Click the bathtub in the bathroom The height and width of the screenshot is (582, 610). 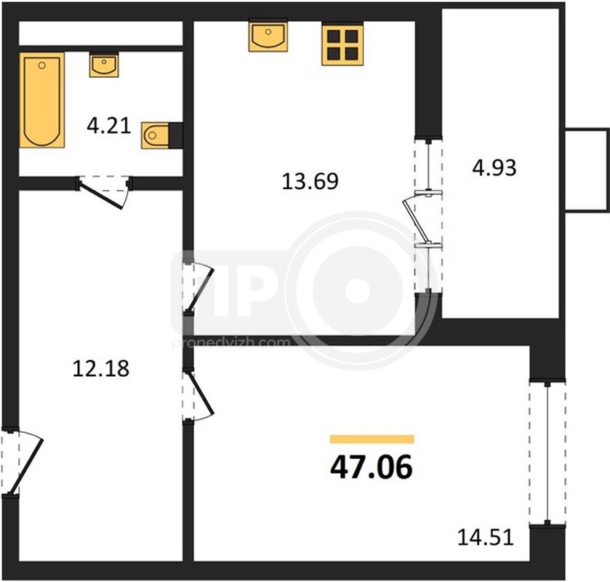[42, 100]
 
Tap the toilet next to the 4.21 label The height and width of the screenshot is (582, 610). [155, 135]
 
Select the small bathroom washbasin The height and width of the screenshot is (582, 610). [104, 65]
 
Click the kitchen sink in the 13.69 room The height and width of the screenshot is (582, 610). [268, 36]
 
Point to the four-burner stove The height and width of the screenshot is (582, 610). [342, 45]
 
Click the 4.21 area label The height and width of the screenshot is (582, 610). [109, 126]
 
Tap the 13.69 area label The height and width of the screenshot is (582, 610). [310, 181]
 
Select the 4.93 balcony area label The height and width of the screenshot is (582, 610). [494, 168]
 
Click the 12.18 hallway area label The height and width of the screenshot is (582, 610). [101, 369]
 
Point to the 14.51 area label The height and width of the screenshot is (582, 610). [486, 537]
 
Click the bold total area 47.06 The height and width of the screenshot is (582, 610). [371, 467]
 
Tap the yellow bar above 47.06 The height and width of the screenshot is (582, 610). [372, 439]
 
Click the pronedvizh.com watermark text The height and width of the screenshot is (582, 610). [231, 343]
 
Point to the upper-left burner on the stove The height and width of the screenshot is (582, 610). [334, 36]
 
